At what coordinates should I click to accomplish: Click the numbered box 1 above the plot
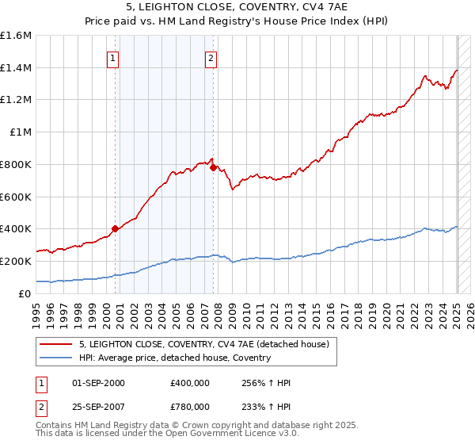(113, 57)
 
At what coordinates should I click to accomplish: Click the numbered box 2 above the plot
(211, 57)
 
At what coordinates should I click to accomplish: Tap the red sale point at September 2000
(115, 228)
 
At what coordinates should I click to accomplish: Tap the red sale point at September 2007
(213, 167)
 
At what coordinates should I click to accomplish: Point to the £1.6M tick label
(16, 36)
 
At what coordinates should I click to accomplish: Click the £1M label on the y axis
(21, 132)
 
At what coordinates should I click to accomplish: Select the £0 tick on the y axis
(25, 293)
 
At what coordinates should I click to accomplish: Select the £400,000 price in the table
(190, 383)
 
